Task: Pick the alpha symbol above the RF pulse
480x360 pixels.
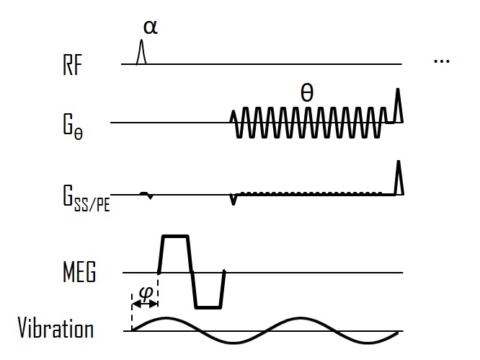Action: click(x=149, y=27)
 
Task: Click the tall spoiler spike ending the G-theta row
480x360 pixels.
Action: click(x=396, y=105)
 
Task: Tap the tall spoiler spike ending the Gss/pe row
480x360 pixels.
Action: click(x=398, y=177)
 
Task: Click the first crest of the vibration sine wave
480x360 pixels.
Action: click(x=168, y=319)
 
